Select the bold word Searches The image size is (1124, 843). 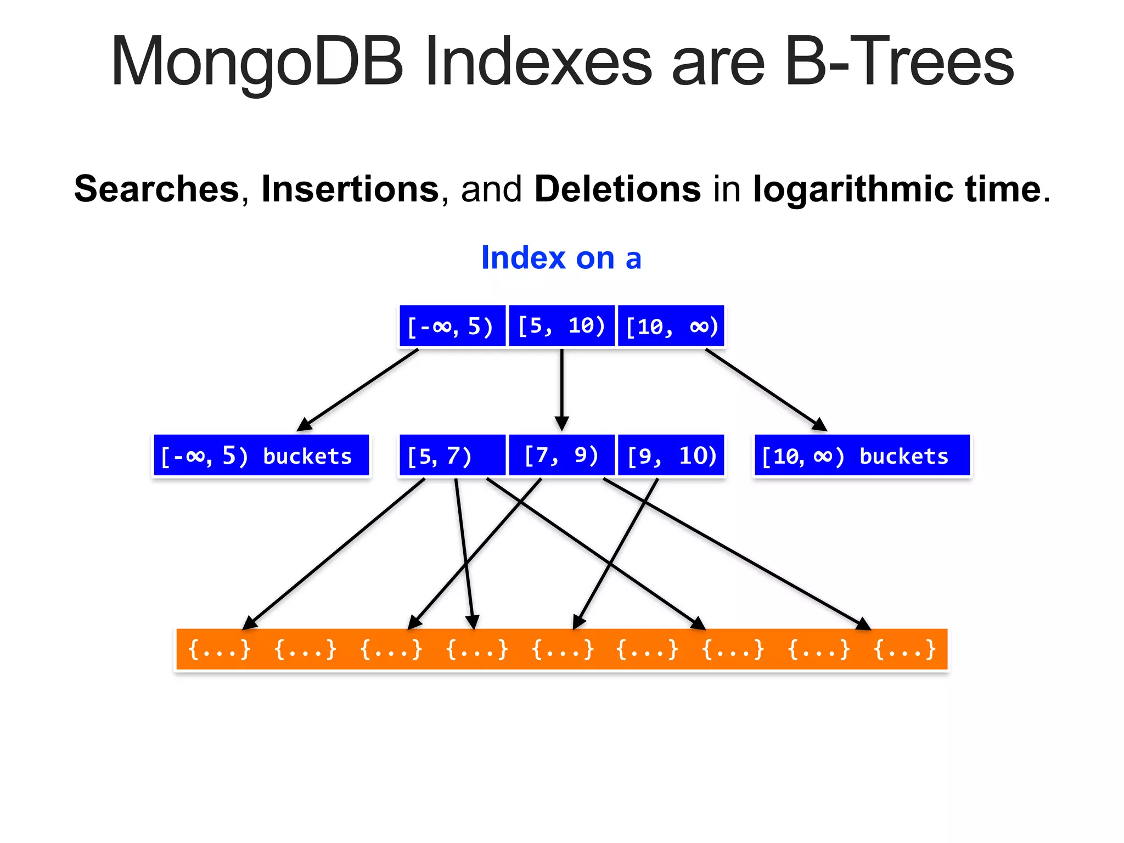coord(157,189)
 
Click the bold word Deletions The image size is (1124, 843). coord(617,189)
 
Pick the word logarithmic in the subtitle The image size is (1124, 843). coord(854,189)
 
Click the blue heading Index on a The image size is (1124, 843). coord(561,258)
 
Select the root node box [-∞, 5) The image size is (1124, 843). coord(452,326)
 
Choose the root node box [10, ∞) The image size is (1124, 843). coord(671,326)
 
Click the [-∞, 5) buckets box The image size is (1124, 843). coord(261,456)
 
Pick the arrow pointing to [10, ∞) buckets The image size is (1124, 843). coord(766,390)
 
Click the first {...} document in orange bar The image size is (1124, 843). coord(219,649)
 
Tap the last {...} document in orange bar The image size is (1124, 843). coord(904,649)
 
